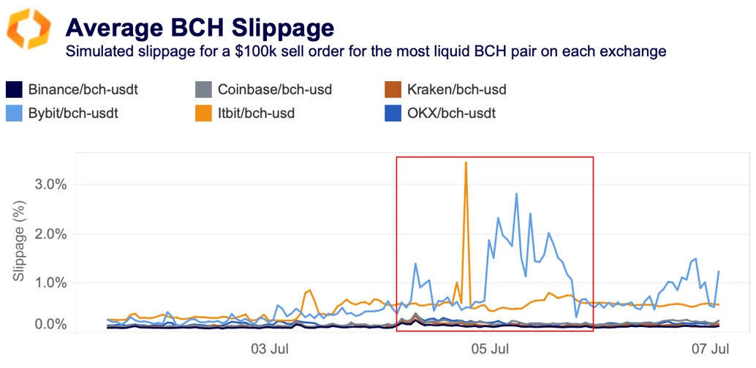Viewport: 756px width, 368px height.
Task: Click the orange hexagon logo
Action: [29, 30]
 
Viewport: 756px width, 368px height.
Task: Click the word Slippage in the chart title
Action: [282, 28]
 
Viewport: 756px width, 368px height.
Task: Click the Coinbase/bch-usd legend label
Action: [274, 90]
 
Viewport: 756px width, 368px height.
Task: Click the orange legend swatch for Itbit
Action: [203, 113]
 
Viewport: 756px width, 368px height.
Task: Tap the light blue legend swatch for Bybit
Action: [15, 113]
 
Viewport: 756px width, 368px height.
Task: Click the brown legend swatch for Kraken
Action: [393, 90]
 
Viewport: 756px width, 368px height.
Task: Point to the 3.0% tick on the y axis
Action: [50, 184]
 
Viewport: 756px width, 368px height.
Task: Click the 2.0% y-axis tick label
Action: [50, 234]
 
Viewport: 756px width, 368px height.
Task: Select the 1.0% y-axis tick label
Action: [50, 283]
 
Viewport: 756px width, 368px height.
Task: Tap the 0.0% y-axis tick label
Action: [50, 324]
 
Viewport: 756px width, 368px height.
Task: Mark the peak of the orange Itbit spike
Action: [466, 162]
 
